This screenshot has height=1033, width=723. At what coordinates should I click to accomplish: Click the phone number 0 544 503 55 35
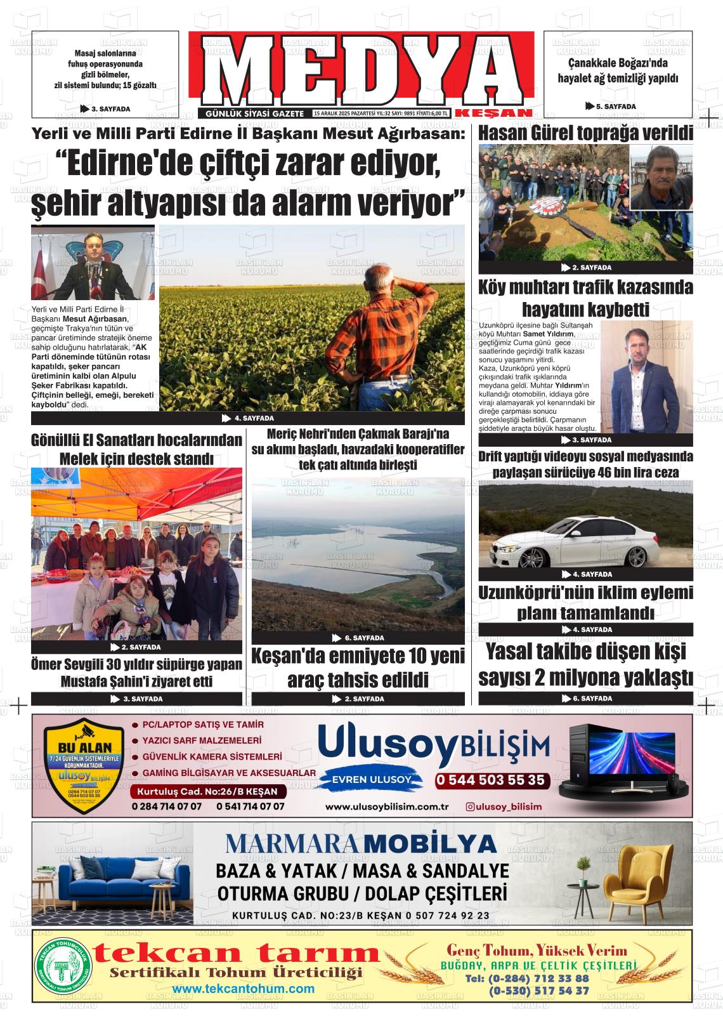coord(490,780)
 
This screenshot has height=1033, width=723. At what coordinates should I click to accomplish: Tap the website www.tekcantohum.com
coord(243,989)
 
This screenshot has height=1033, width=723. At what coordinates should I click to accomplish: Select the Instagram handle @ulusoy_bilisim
coord(504,806)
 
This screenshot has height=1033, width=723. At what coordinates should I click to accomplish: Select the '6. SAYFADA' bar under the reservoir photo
coord(358,638)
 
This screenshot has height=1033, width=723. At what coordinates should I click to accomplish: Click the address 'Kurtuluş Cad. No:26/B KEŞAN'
coord(208,793)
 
